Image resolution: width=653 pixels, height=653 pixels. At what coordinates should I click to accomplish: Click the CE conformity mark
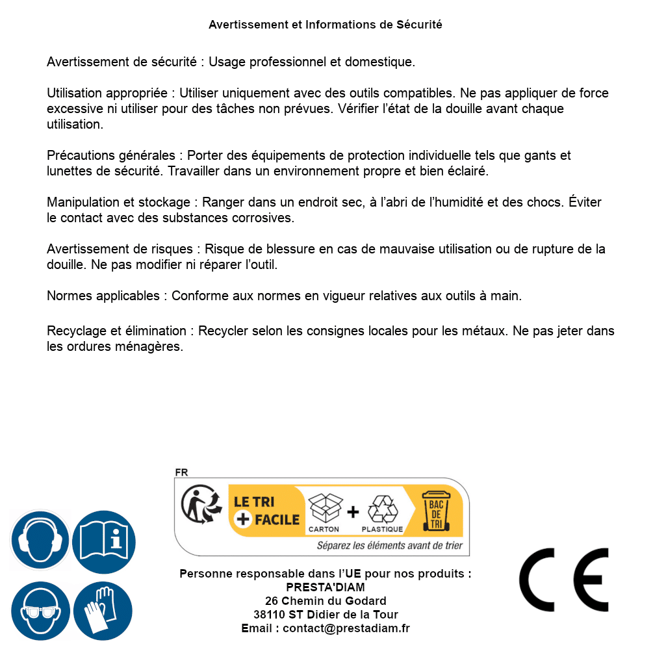563,580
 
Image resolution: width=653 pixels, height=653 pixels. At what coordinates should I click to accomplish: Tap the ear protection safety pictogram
40,541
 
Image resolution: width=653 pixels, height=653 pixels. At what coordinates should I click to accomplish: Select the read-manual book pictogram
103,541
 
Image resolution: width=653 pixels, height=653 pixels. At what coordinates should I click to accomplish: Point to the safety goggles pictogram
40,611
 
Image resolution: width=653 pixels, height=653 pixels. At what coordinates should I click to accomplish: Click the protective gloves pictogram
103,611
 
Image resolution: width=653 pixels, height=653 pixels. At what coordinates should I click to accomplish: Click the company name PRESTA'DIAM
326,587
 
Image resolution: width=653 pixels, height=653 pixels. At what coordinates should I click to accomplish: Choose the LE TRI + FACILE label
266,511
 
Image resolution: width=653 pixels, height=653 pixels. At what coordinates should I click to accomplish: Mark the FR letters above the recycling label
181,473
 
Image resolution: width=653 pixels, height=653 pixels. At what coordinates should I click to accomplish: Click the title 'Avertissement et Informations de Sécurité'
326,25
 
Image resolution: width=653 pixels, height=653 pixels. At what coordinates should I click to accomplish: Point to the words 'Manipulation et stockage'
120,203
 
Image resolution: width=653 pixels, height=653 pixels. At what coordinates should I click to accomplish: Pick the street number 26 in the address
271,601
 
